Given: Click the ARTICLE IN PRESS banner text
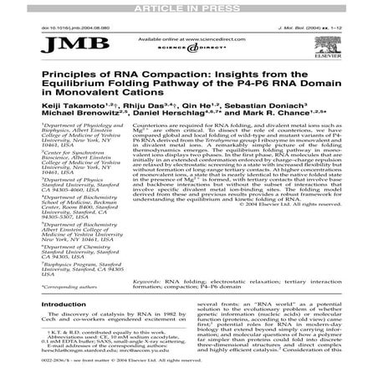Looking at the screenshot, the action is click(188, 6).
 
